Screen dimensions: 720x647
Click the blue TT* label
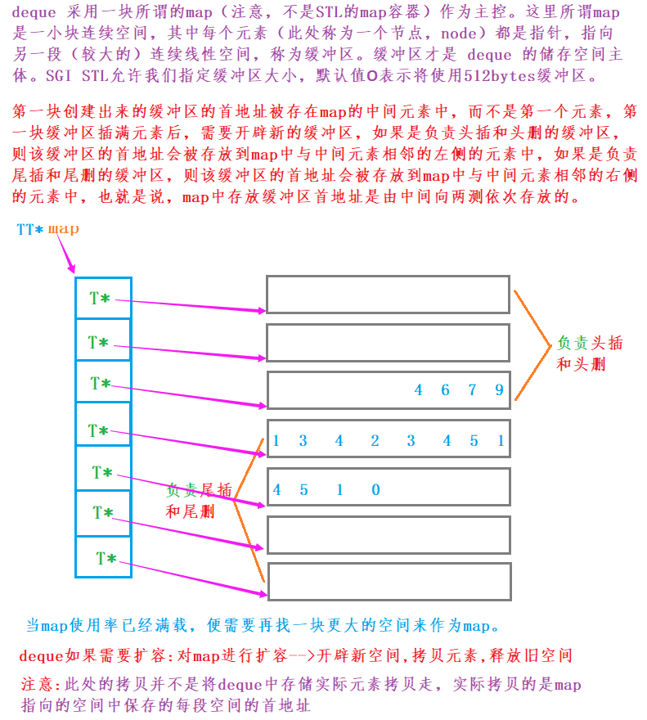click(x=30, y=230)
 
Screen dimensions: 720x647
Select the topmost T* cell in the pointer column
click(x=103, y=298)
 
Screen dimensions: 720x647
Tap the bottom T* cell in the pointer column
click(x=103, y=558)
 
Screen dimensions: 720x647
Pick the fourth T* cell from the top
click(x=103, y=430)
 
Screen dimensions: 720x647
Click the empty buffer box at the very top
click(x=388, y=295)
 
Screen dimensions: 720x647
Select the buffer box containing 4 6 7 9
click(x=388, y=390)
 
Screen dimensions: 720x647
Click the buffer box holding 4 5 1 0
click(x=388, y=489)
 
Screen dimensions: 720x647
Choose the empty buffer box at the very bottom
click(x=388, y=582)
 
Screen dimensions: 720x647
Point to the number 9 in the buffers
click(x=499, y=390)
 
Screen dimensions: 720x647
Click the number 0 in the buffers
click(x=375, y=490)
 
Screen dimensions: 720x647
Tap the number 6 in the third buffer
click(x=445, y=390)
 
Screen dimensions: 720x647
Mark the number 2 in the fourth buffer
click(x=375, y=441)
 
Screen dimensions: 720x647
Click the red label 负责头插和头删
click(x=590, y=353)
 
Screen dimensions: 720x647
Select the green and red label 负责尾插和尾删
click(x=199, y=501)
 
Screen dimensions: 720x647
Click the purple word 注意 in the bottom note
click(x=38, y=684)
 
